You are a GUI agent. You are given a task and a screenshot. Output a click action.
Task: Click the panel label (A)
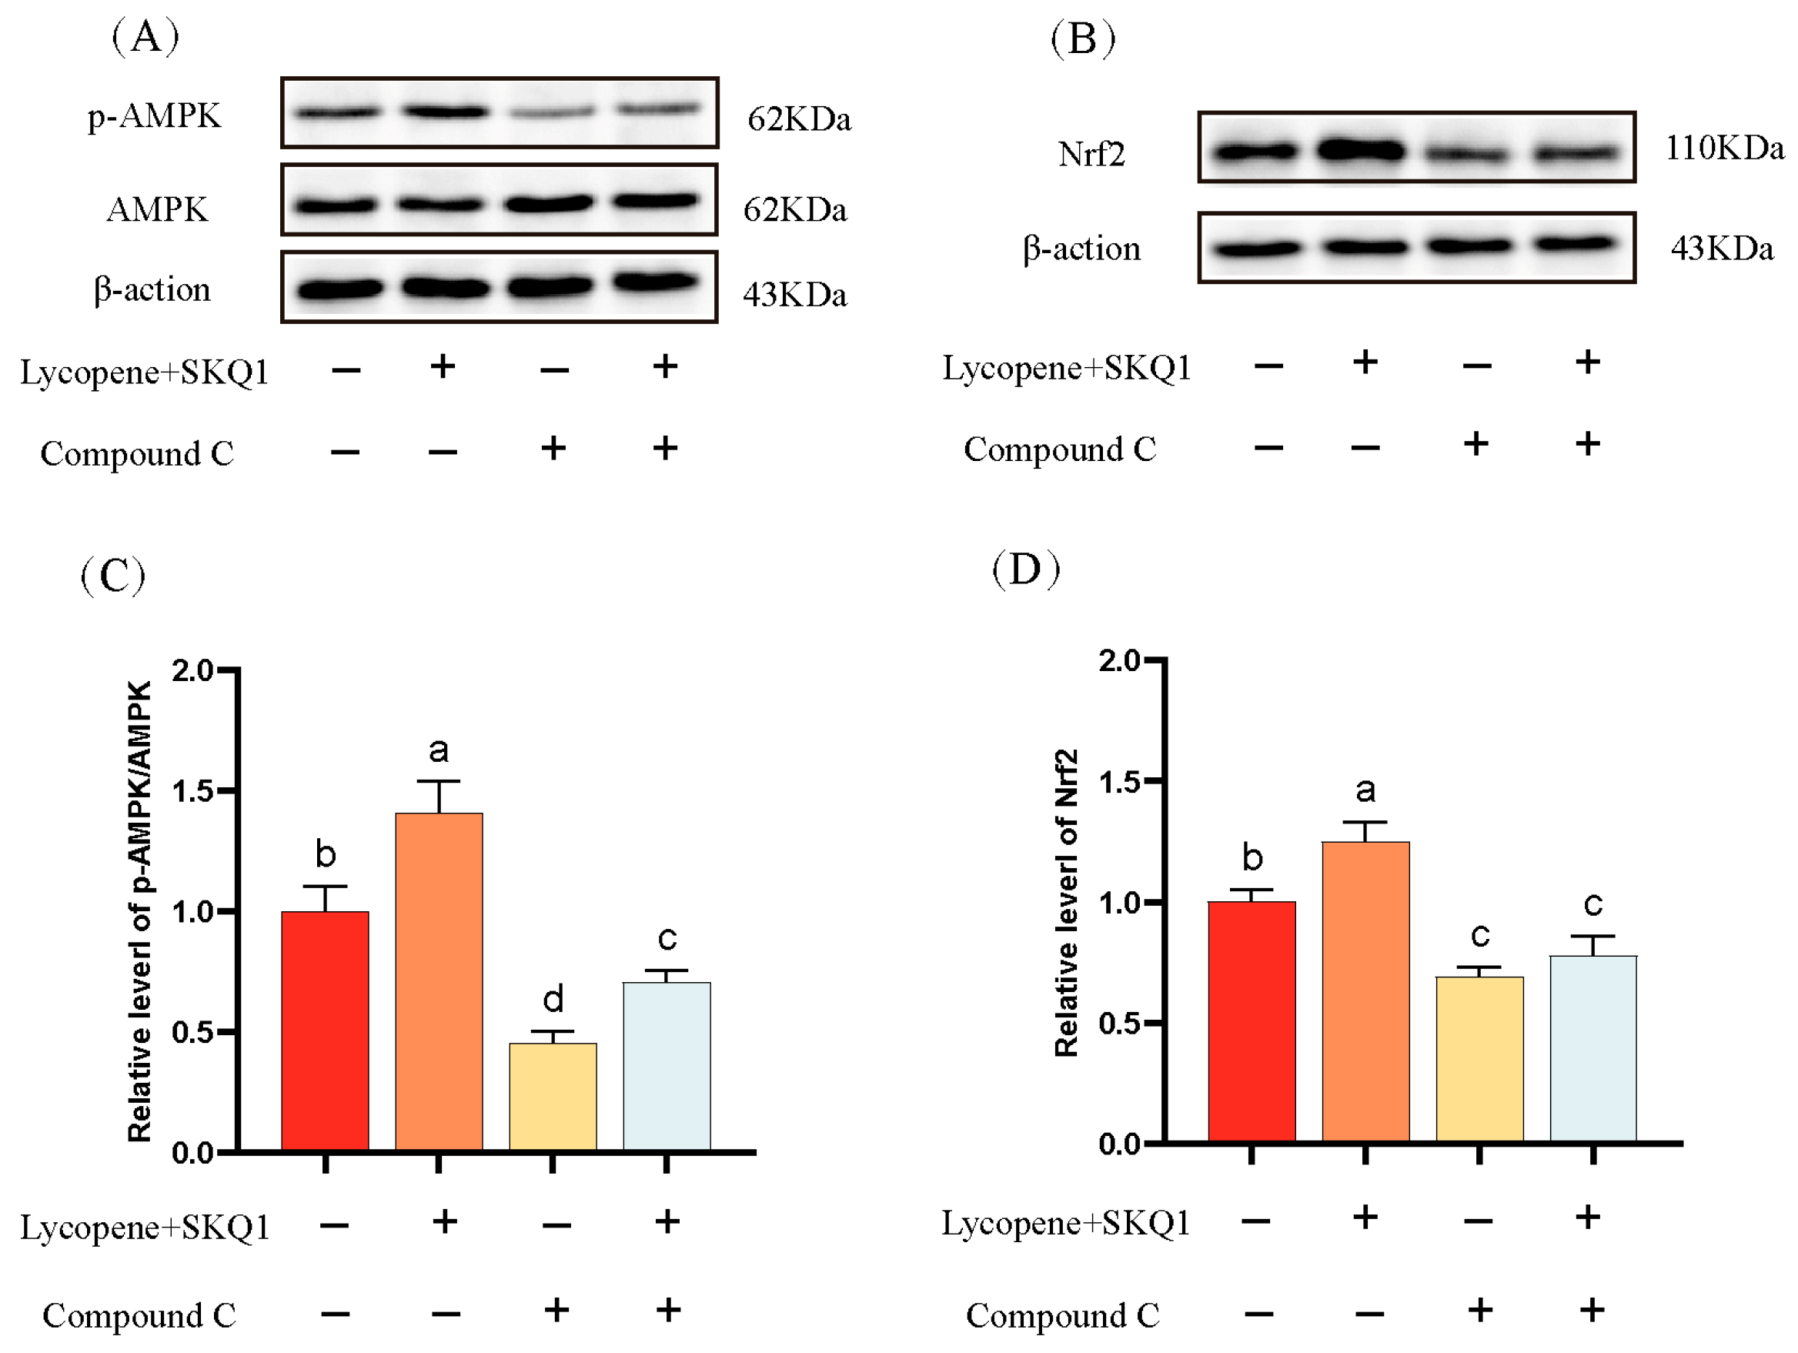145,37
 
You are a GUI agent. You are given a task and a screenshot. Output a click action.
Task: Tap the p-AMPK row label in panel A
154,115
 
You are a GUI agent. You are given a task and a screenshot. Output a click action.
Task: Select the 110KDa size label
1724,148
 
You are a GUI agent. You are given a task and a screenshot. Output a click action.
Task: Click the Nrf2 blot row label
1091,154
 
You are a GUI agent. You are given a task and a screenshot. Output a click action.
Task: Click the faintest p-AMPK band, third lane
551,113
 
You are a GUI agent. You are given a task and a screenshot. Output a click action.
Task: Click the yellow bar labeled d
552,1096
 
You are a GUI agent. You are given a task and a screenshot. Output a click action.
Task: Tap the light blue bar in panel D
1592,1049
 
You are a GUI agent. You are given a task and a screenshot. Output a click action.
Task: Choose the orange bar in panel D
1365,992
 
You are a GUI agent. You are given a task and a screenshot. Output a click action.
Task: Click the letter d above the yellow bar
553,998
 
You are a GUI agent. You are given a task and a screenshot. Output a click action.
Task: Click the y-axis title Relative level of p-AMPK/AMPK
140,911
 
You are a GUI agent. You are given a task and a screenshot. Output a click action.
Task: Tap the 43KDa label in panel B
1722,248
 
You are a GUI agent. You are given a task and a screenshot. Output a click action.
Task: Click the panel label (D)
1026,569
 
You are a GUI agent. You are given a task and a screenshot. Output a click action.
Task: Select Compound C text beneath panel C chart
139,1315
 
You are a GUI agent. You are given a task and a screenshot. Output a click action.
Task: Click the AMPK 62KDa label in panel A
794,209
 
